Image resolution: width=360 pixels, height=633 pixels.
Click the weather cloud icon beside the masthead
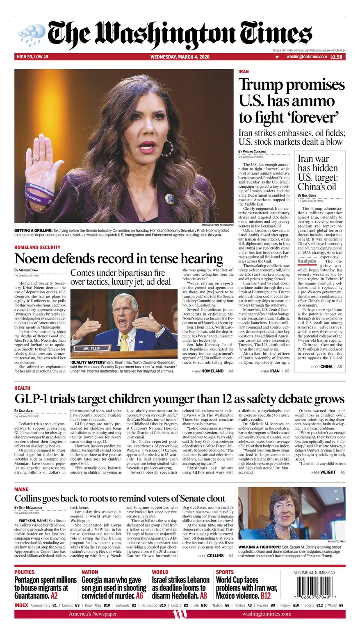coord(32,32)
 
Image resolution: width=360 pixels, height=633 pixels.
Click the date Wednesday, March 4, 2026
coord(180,57)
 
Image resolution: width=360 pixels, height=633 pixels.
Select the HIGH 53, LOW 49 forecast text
coord(32,57)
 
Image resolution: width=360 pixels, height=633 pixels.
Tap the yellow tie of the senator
coord(124,343)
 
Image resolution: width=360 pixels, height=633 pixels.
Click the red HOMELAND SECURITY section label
coord(37,247)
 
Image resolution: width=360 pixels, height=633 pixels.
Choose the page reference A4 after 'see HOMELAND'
coord(231,371)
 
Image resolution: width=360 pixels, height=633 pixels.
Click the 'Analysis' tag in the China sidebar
coord(307,261)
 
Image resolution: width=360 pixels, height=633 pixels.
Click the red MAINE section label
coord(21,489)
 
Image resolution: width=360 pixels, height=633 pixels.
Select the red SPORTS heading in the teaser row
coord(225,572)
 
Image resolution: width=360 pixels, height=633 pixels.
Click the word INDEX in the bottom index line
coord(21,605)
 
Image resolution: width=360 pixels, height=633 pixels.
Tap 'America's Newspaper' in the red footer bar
coord(93,614)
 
